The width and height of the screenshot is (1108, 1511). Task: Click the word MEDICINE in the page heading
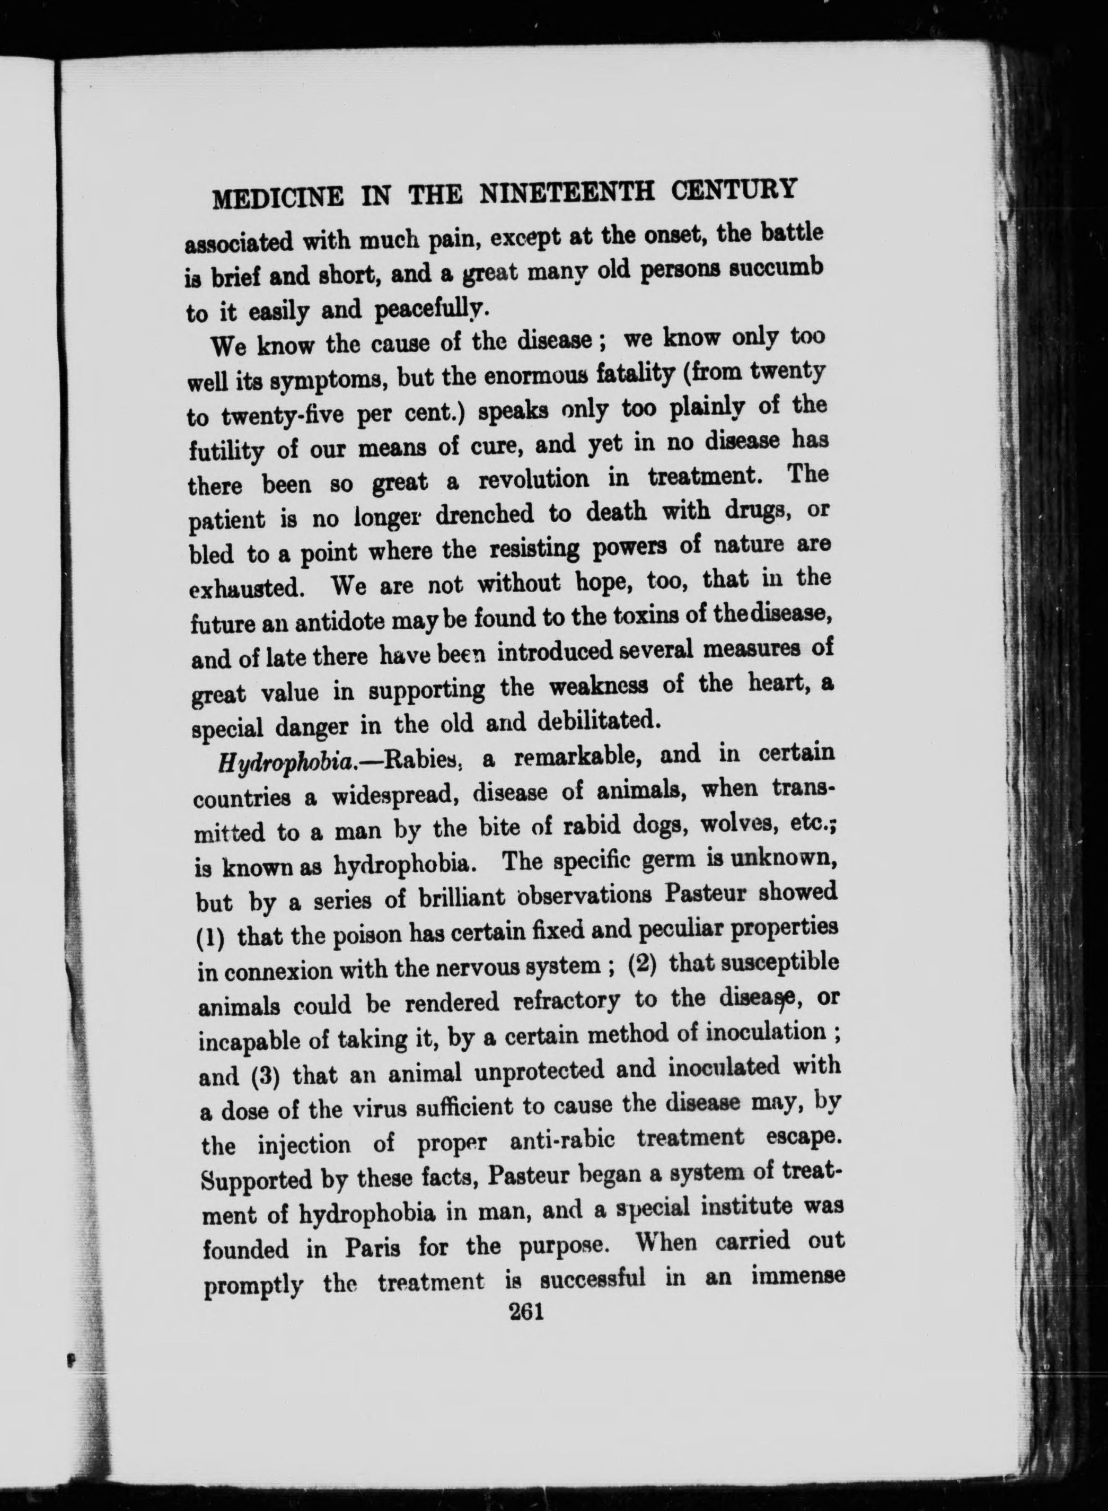pyautogui.click(x=278, y=198)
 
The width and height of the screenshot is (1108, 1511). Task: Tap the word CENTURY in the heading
pyautogui.click(x=734, y=188)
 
